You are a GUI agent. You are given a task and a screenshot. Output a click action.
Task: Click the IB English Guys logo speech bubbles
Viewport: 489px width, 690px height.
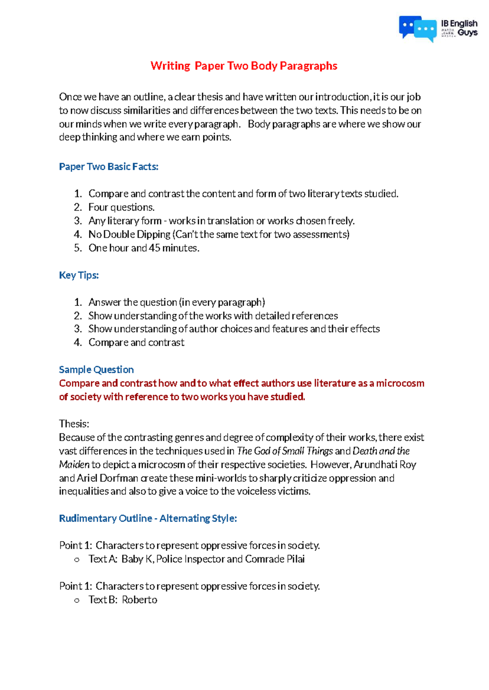(x=417, y=29)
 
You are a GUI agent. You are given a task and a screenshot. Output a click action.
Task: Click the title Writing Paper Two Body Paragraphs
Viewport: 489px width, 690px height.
(x=244, y=66)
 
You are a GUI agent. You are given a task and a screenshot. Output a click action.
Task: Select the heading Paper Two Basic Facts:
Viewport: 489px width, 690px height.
(x=108, y=167)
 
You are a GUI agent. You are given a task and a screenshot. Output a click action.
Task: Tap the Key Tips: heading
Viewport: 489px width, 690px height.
(x=79, y=275)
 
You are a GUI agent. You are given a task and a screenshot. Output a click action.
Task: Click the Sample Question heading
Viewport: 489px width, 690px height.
(x=96, y=370)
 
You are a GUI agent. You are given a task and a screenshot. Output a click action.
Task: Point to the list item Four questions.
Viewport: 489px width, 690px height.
(x=121, y=207)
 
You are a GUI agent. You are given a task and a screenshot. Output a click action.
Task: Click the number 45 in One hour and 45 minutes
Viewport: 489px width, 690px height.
(x=154, y=248)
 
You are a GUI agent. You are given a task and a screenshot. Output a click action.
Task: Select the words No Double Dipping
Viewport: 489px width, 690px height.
(x=129, y=235)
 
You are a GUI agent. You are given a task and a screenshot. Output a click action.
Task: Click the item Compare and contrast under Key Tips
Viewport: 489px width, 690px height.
(x=136, y=343)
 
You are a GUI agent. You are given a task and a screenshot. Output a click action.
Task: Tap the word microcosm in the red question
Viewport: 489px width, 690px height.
(x=400, y=383)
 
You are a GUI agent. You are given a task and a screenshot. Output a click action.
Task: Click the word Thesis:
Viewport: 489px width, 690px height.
(x=74, y=424)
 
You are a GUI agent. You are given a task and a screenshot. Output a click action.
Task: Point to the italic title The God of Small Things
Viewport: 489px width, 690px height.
(x=285, y=451)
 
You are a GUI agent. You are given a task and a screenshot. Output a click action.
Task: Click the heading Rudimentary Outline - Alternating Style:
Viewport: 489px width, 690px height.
(x=148, y=519)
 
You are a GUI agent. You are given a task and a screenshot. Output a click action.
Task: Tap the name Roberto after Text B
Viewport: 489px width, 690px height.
(x=139, y=600)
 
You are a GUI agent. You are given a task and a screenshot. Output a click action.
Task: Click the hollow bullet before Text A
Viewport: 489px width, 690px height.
(x=77, y=560)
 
